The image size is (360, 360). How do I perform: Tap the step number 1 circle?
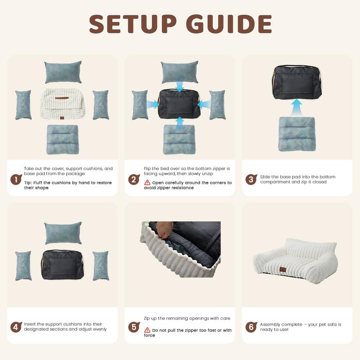pos(16,180)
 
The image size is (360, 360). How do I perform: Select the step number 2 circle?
pos(133,180)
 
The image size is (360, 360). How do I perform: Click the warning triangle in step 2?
pos(147,183)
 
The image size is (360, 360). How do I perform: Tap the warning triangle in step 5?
pos(147,330)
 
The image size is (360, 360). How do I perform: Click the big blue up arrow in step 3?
pos(296,108)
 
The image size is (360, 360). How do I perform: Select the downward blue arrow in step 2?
pos(180,87)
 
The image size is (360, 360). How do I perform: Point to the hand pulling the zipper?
pos(167,230)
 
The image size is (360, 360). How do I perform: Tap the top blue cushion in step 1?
pos(63,72)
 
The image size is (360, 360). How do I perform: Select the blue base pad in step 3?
pos(296,134)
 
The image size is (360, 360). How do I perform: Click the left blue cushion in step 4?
pos(23,265)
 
